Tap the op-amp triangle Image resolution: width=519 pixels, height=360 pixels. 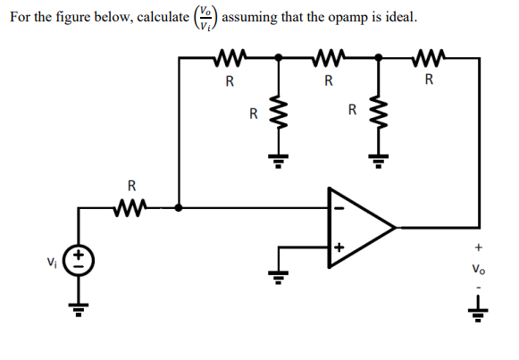pyautogui.click(x=329, y=228)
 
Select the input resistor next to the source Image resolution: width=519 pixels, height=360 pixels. pyautogui.click(x=130, y=208)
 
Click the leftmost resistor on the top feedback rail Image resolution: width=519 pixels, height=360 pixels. pyautogui.click(x=230, y=58)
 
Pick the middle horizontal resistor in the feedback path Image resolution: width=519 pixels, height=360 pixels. pyautogui.click(x=330, y=58)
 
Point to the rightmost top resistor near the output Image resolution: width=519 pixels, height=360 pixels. pyautogui.click(x=430, y=58)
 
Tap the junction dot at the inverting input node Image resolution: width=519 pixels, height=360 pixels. pyautogui.click(x=179, y=208)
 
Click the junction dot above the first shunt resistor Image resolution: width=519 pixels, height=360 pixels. pyautogui.click(x=279, y=57)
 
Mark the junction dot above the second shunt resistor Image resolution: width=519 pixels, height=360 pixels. pyautogui.click(x=379, y=57)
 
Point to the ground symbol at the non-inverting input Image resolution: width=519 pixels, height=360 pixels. pyautogui.click(x=279, y=277)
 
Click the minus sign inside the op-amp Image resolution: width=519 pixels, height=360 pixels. pyautogui.click(x=339, y=208)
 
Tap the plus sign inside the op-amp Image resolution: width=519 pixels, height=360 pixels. pyautogui.click(x=339, y=247)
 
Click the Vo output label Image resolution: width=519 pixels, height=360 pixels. pyautogui.click(x=479, y=269)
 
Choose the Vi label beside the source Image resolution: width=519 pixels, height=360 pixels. pyautogui.click(x=52, y=263)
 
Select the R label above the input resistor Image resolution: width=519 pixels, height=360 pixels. pyautogui.click(x=131, y=186)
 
